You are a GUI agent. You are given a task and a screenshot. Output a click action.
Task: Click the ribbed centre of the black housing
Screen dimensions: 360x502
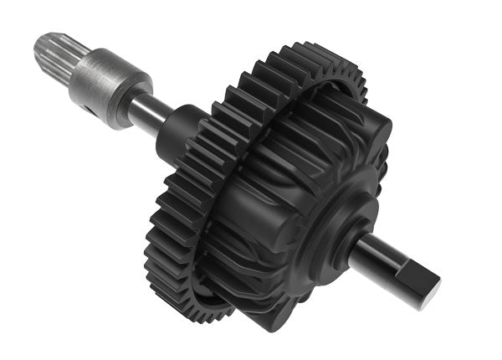pos(268,209)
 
